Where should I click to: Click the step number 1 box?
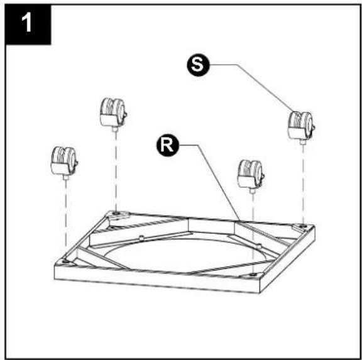[28, 25]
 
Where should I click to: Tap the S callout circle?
[198, 65]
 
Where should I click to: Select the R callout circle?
[168, 145]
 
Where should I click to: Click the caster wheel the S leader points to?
[300, 127]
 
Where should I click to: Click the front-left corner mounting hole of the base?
[65, 261]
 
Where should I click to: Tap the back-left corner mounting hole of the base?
[116, 213]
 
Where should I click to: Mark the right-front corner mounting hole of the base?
[253, 275]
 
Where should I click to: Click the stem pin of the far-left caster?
[65, 177]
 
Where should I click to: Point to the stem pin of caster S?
[302, 142]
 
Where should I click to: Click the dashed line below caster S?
[303, 184]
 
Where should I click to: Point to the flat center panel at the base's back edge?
[211, 226]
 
